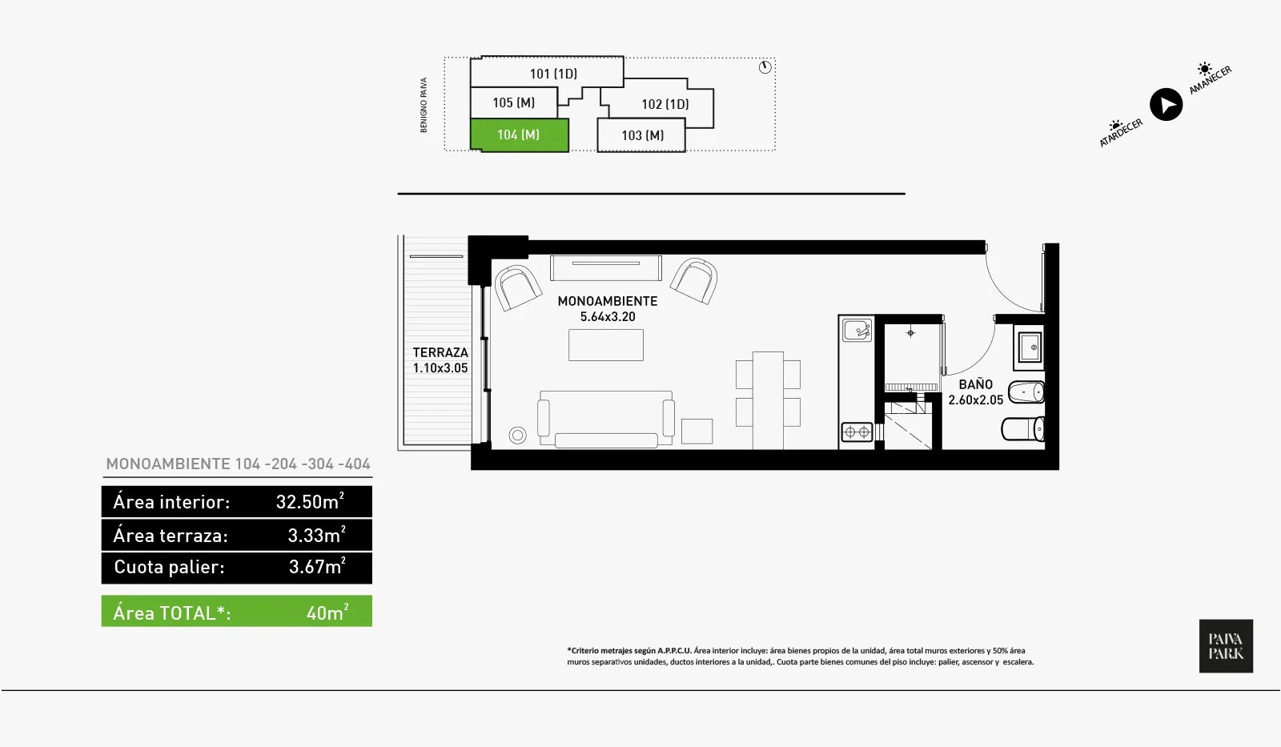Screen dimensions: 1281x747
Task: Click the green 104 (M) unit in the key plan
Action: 520,135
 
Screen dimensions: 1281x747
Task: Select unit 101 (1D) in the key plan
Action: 552,73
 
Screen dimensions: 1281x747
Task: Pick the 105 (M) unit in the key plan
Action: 513,103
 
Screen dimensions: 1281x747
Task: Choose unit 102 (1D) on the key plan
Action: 665,104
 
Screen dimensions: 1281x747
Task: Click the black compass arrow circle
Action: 1166,105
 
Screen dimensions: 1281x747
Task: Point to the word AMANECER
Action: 1210,80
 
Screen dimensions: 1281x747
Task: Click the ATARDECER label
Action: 1121,133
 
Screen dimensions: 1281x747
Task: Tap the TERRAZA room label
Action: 440,352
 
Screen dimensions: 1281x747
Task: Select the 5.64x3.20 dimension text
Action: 608,317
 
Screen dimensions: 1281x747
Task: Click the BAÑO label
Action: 976,384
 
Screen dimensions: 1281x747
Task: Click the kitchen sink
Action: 857,331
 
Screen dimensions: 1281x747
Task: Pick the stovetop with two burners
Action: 857,432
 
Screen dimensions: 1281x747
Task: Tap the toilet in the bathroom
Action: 1022,429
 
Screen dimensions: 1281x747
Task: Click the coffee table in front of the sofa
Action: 605,345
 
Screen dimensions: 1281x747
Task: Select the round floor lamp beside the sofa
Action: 517,436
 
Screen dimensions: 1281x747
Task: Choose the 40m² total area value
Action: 327,612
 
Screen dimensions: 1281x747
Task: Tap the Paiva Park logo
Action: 1226,646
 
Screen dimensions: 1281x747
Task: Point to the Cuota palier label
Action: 169,567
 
